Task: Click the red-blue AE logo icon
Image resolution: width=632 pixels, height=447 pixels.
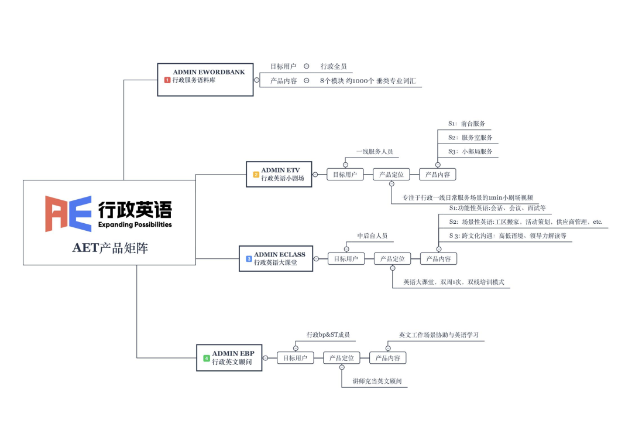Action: [68, 214]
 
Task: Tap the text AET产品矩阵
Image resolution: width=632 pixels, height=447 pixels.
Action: [110, 248]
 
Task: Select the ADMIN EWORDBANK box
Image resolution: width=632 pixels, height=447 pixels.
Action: [205, 80]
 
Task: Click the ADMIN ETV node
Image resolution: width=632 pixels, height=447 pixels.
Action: [279, 174]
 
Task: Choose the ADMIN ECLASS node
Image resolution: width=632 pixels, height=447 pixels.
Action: [276, 258]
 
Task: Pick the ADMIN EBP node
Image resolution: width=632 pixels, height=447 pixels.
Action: [229, 357]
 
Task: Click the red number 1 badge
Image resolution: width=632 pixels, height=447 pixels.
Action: [167, 80]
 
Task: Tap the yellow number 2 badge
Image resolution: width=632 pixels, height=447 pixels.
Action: [256, 175]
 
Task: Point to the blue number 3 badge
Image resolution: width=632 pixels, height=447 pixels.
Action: [249, 258]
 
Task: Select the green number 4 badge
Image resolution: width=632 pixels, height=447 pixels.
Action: [207, 358]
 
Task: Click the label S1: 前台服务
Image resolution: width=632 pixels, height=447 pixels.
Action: [466, 124]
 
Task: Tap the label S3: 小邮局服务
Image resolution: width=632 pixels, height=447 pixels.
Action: [470, 151]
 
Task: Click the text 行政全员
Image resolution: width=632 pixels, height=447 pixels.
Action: [334, 67]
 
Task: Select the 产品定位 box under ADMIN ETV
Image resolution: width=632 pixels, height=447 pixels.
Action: [391, 174]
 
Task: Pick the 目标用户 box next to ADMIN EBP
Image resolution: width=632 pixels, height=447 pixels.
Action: [295, 357]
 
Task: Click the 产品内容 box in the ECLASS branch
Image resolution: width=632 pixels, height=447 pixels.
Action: [439, 258]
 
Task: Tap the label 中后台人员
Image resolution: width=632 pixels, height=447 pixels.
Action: [372, 236]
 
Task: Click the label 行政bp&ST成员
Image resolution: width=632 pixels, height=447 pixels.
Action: [328, 335]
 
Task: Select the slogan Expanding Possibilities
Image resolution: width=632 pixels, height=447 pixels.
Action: [135, 224]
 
